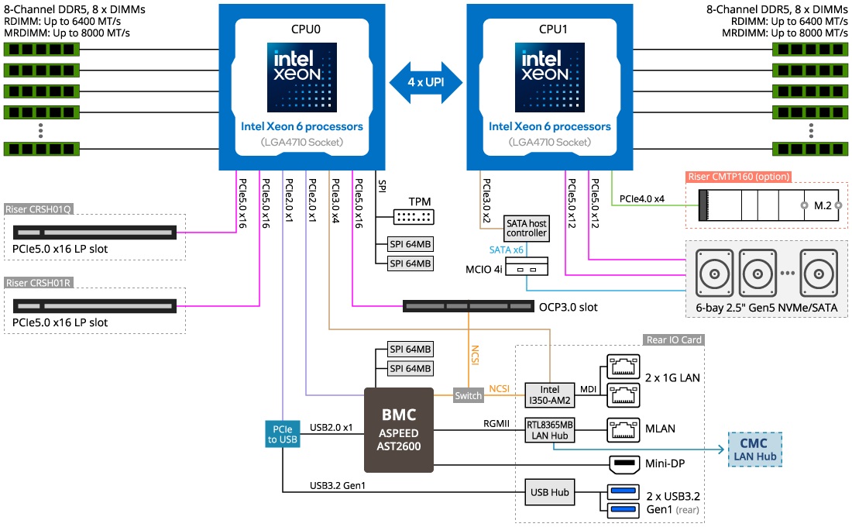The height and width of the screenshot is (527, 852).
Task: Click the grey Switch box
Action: pos(469,395)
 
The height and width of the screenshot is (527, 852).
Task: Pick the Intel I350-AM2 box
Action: pos(549,395)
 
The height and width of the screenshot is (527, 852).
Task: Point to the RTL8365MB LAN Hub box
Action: pos(549,431)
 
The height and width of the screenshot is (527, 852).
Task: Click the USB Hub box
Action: pos(549,491)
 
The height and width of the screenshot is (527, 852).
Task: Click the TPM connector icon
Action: pos(414,218)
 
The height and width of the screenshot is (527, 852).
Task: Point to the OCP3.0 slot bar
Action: pos(468,306)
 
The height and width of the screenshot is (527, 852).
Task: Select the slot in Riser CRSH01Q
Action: pos(95,232)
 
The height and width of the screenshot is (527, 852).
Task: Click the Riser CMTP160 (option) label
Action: pos(739,177)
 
